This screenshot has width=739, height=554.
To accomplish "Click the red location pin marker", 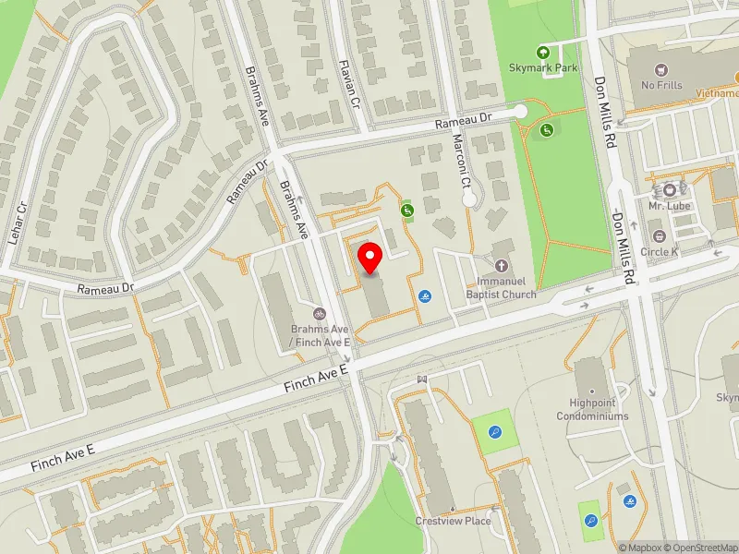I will pyautogui.click(x=369, y=258).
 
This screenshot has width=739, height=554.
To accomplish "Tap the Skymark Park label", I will pyautogui.click(x=543, y=67).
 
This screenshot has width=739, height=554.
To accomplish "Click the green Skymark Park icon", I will pyautogui.click(x=543, y=52).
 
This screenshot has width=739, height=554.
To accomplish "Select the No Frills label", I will pyautogui.click(x=660, y=85).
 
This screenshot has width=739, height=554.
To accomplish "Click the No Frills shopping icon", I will pyautogui.click(x=660, y=69).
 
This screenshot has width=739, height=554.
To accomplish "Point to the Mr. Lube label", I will pyautogui.click(x=670, y=206).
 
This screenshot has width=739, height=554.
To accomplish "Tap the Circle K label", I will pyautogui.click(x=660, y=251).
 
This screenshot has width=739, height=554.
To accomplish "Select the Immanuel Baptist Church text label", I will pyautogui.click(x=506, y=288).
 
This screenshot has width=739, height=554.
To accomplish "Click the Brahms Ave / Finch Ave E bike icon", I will pyautogui.click(x=320, y=314).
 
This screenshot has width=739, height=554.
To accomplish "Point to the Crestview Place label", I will pyautogui.click(x=453, y=521).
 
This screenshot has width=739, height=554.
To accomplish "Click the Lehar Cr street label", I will pyautogui.click(x=16, y=223).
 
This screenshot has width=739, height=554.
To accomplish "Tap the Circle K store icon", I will pyautogui.click(x=660, y=236).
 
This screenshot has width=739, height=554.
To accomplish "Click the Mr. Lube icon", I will pyautogui.click(x=670, y=189).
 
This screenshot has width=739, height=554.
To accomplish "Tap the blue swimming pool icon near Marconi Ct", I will pyautogui.click(x=425, y=296).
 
